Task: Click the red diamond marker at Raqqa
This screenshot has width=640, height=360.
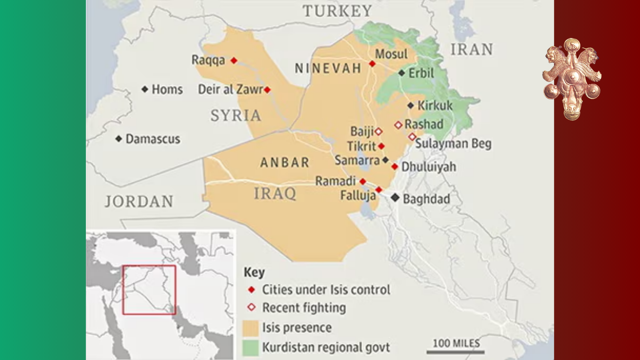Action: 234,60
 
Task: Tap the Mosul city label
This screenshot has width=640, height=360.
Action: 391,54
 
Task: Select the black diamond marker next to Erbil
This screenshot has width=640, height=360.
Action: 402,73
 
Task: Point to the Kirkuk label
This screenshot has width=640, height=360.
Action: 435,106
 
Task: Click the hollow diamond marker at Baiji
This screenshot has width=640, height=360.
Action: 378,131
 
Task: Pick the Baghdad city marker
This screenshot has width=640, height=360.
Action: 395,198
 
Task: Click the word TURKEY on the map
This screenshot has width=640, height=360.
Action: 337,11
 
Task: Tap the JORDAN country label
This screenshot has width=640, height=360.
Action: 139,201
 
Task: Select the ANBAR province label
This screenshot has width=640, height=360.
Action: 285,162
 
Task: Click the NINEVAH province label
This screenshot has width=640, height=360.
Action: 328,68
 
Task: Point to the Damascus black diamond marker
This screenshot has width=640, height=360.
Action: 118,139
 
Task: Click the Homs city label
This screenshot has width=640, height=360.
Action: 167,89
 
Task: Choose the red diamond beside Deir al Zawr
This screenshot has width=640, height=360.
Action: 267,90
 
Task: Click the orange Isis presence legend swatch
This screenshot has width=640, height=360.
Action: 250,328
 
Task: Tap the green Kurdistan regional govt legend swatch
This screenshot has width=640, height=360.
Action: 250,348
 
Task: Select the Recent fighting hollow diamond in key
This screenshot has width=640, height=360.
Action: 251,307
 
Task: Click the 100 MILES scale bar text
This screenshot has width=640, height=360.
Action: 456,343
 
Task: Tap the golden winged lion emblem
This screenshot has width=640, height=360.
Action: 572,79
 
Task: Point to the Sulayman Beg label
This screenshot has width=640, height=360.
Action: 453,144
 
